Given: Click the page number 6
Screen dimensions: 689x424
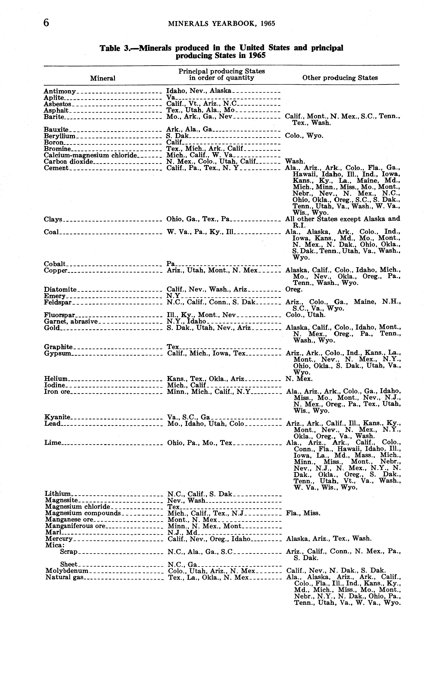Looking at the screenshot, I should click(x=46, y=22).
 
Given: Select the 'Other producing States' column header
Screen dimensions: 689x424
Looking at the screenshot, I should click(x=340, y=78).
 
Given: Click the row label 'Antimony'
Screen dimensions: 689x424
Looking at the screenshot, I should click(x=60, y=91).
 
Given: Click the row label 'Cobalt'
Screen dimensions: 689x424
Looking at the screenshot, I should click(x=55, y=264).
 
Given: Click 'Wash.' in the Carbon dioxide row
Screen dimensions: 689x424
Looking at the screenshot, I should click(x=295, y=161).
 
